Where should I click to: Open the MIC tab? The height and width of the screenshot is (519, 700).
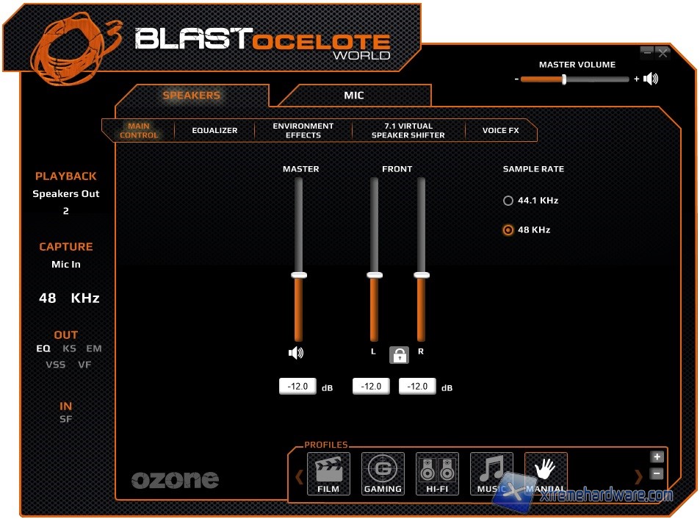point(354,96)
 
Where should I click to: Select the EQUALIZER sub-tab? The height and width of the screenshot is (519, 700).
point(214,131)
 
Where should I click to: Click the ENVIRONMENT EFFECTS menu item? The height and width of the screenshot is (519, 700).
point(303,131)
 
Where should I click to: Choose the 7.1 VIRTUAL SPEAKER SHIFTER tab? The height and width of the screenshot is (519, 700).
point(408,131)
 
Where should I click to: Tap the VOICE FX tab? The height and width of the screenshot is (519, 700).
point(500,131)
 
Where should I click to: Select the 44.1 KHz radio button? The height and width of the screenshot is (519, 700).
point(508,201)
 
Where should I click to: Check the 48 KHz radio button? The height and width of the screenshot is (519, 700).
point(508,230)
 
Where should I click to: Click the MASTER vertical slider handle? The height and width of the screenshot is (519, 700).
point(298,275)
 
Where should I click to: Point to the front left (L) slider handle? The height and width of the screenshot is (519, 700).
point(375,275)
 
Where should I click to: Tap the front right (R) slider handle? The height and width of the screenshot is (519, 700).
point(422,275)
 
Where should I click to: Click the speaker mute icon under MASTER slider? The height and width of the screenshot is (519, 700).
point(296,354)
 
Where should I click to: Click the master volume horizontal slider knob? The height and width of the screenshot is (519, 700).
point(564,79)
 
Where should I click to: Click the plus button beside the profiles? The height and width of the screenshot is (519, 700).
point(657,457)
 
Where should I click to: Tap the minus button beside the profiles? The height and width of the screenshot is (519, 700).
point(657,474)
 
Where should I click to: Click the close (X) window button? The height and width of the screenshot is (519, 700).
point(663,53)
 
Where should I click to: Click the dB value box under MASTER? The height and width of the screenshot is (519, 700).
point(297,387)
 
